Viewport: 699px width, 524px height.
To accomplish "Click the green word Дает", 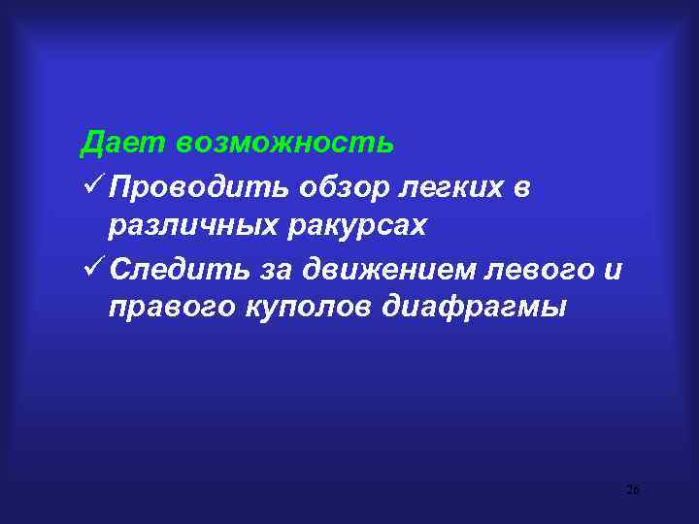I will coord(123,144).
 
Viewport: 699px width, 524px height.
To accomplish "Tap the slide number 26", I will coord(633,490).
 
